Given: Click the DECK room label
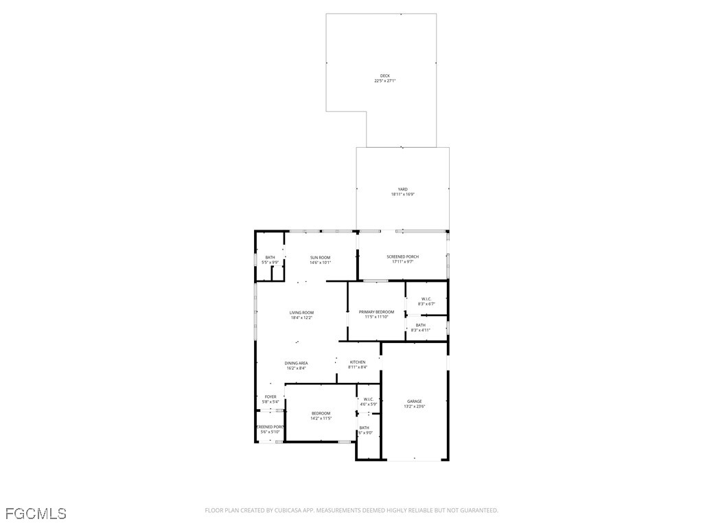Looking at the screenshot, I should [384, 76].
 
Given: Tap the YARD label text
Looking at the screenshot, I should [402, 189].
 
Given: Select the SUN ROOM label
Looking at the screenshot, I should [320, 257].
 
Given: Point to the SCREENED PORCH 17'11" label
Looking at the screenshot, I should [402, 256].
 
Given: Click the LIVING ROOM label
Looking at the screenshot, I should [301, 312].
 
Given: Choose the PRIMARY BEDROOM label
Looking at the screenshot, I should [376, 311].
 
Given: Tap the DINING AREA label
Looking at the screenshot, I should [297, 362].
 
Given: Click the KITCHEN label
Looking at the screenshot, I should [358, 362].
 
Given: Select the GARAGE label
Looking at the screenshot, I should [414, 401].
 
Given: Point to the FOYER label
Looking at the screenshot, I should [270, 396].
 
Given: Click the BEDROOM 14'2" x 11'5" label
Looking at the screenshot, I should [321, 412].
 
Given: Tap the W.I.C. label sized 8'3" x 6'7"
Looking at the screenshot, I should [426, 298].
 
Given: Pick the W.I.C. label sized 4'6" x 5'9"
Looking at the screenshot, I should [368, 399].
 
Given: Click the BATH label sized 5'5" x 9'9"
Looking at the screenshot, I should [270, 257].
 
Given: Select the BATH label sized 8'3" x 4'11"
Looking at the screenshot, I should [420, 324].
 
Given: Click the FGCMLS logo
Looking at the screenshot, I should [36, 513].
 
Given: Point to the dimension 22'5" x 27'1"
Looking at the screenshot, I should [384, 81].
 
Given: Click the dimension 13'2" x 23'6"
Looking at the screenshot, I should [414, 406].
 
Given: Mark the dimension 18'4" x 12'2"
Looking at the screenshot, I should [301, 318].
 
